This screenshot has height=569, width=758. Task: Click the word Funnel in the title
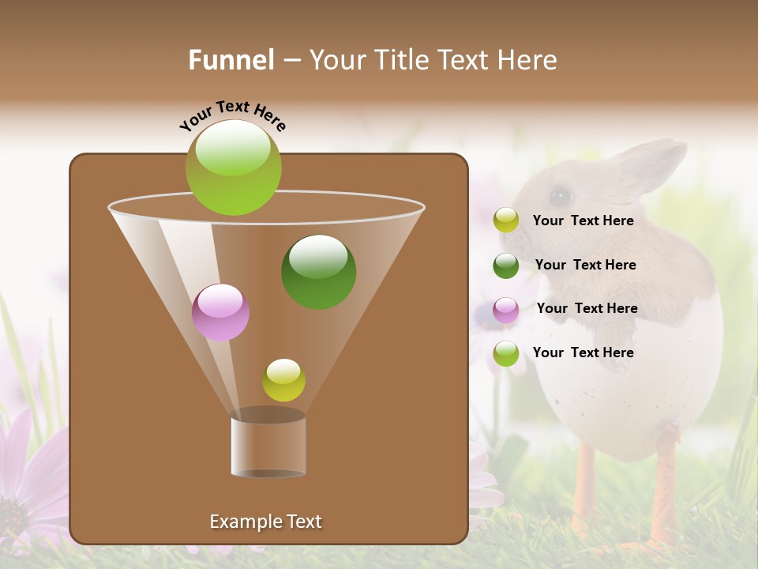click(231, 60)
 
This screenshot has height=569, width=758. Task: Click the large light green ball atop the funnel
click(234, 167)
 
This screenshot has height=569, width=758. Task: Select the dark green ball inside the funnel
click(319, 272)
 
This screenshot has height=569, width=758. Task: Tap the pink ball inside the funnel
click(220, 312)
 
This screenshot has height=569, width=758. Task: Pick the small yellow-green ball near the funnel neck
click(283, 379)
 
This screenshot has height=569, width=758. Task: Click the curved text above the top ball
click(233, 115)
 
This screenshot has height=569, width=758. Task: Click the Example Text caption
click(265, 522)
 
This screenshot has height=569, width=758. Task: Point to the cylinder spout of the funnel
click(268, 446)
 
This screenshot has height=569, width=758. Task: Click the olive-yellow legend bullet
click(506, 220)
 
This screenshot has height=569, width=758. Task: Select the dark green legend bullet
click(506, 265)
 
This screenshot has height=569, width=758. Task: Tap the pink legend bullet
click(506, 309)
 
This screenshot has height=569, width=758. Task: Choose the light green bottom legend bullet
click(506, 353)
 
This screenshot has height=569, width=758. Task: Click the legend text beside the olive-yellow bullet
click(583, 220)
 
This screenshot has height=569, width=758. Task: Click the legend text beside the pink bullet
click(587, 308)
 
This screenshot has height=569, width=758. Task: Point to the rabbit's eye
click(560, 195)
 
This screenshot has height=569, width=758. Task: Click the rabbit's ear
click(651, 163)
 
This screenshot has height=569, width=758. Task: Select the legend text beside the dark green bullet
click(585, 265)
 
